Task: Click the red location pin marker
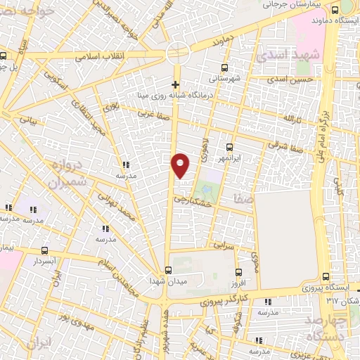[x=181, y=165]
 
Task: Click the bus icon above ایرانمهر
[x=229, y=148]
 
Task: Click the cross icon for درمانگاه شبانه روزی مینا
[x=175, y=84]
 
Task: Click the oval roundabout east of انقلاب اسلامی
[x=177, y=53]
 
